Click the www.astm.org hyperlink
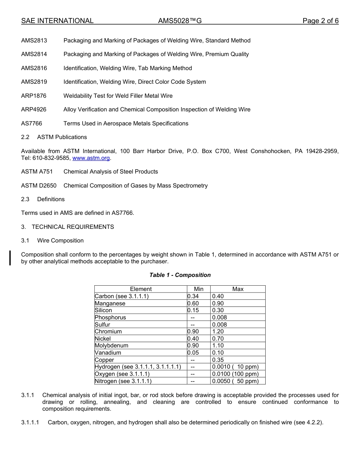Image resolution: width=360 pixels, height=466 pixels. click(91, 158)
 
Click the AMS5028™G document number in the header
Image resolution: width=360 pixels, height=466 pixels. click(180, 21)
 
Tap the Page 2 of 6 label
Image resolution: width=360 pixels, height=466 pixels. click(320, 21)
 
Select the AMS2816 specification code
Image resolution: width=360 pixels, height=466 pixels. click(34, 68)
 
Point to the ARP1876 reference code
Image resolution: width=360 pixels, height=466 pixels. click(34, 96)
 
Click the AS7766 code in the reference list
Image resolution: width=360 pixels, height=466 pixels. click(32, 124)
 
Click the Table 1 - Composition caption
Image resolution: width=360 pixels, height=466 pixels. click(180, 275)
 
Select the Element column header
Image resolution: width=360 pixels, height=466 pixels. click(141, 289)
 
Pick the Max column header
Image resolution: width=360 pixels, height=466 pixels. click(238, 289)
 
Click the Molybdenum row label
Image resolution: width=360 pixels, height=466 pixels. click(112, 346)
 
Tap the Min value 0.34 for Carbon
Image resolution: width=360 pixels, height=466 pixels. click(193, 296)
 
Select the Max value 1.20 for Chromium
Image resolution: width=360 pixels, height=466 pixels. click(218, 332)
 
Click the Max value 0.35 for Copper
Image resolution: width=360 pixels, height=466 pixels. click(218, 360)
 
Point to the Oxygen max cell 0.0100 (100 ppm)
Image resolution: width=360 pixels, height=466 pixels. click(235, 374)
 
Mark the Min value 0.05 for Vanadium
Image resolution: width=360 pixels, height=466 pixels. click(193, 353)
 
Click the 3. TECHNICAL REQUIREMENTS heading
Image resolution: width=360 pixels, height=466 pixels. click(67, 227)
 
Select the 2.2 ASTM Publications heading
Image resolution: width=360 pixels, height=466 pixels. click(54, 137)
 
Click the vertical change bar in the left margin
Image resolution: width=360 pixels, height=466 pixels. click(10, 258)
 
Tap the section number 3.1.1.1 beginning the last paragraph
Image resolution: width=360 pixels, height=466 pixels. click(31, 422)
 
